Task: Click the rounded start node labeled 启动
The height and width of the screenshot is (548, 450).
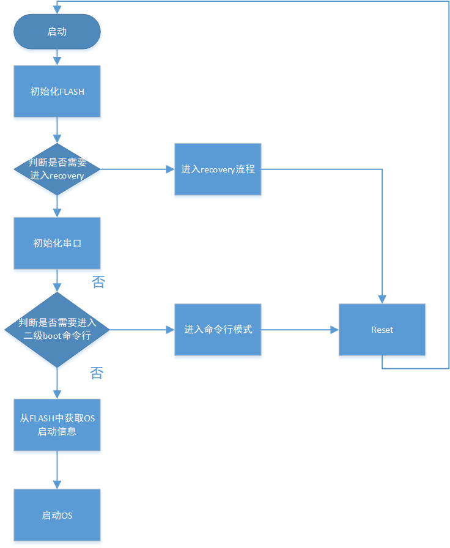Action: [57, 32]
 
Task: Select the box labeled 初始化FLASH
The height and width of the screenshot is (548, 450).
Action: [57, 92]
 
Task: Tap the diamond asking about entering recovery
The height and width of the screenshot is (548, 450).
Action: [57, 169]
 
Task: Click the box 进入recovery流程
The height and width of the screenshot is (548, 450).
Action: [218, 169]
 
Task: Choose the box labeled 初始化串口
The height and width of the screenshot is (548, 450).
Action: [57, 243]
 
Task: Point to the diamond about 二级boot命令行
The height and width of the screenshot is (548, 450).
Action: [57, 330]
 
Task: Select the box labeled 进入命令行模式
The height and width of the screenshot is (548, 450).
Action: [218, 330]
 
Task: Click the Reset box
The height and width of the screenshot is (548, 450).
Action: [382, 330]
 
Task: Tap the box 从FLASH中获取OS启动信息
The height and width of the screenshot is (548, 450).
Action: [57, 425]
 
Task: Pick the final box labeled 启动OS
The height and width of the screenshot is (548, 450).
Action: [57, 515]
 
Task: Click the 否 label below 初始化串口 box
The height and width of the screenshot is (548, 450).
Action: [98, 282]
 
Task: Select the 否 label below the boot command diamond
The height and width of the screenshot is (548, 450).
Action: [97, 373]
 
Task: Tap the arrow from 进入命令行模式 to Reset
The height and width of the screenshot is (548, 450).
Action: [300, 330]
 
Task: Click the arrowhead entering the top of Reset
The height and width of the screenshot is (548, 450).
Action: [382, 300]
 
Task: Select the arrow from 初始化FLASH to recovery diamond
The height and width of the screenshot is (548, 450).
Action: [57, 130]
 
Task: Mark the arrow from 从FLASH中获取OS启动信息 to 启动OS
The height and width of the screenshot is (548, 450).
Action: [57, 470]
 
